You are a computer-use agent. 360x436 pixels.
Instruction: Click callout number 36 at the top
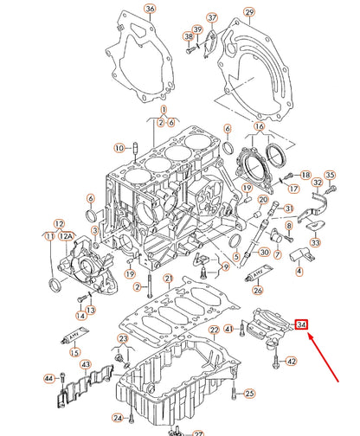click(x=150, y=10)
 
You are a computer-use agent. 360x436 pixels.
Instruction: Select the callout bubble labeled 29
click(x=249, y=12)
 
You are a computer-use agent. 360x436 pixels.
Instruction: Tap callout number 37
click(x=212, y=17)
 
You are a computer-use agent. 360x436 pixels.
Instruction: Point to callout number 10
click(x=120, y=145)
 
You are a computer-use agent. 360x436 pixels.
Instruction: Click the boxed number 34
click(x=301, y=324)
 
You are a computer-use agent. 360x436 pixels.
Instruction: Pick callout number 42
click(x=291, y=362)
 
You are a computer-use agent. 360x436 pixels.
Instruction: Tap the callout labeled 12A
click(x=66, y=235)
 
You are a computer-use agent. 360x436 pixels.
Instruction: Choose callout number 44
click(x=48, y=379)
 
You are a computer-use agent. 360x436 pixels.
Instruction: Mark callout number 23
click(x=124, y=338)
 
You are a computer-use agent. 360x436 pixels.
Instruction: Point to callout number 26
click(x=257, y=290)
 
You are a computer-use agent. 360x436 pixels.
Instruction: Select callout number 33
click(x=314, y=244)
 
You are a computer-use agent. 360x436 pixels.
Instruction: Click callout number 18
click(x=305, y=175)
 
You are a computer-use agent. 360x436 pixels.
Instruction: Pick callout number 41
click(x=228, y=329)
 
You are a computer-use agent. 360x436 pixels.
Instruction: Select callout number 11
click(x=49, y=235)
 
